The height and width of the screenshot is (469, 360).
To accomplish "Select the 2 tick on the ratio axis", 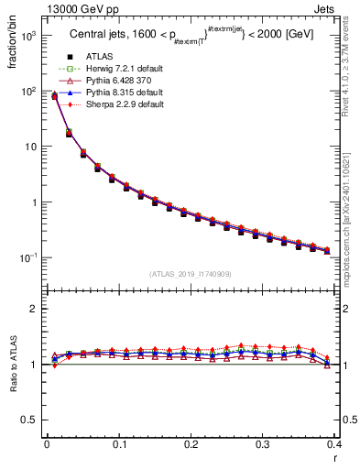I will (34, 309).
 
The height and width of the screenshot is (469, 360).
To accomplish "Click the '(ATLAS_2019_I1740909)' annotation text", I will (191, 274).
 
